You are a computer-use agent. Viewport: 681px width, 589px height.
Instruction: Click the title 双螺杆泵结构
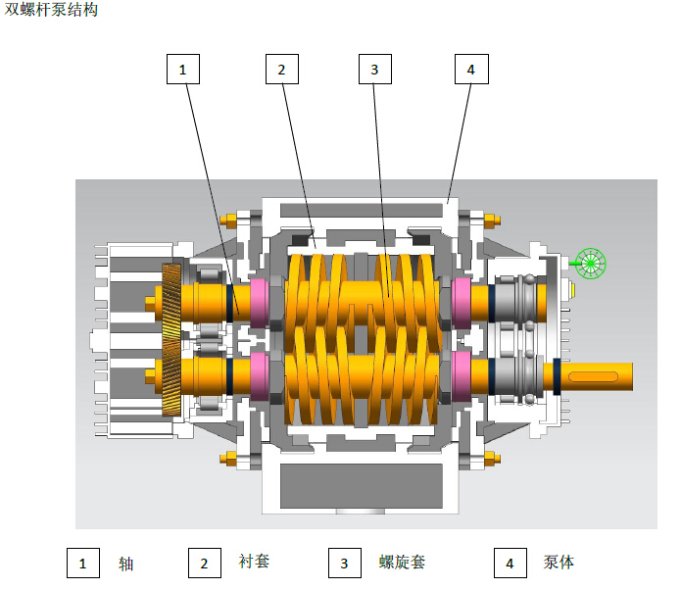(x=51, y=10)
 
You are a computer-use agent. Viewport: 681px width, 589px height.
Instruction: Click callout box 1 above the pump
(x=183, y=69)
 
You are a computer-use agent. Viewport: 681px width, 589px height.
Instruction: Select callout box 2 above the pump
(x=281, y=69)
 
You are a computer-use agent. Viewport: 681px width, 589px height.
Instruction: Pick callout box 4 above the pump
(x=471, y=69)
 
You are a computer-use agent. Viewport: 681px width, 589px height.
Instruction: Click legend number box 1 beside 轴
(x=83, y=563)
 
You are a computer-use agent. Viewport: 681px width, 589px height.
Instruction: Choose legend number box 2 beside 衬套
(x=204, y=563)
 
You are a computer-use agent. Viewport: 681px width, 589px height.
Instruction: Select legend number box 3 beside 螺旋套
(x=344, y=563)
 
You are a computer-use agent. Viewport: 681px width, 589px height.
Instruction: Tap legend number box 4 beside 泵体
(x=510, y=563)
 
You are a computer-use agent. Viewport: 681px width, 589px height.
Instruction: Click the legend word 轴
(x=125, y=564)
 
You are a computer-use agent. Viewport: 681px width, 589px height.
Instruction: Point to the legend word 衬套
(x=254, y=562)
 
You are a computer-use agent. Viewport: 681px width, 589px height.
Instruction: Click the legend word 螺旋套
(x=402, y=563)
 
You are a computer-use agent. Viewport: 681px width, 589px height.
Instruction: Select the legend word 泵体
(x=559, y=563)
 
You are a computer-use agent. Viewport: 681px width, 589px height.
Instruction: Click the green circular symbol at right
(x=592, y=262)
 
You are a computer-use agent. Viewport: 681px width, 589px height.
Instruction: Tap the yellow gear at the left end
(x=171, y=338)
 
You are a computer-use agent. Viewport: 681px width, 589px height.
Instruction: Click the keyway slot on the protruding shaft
(x=595, y=375)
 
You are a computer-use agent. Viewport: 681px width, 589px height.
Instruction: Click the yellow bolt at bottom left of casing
(x=230, y=457)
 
